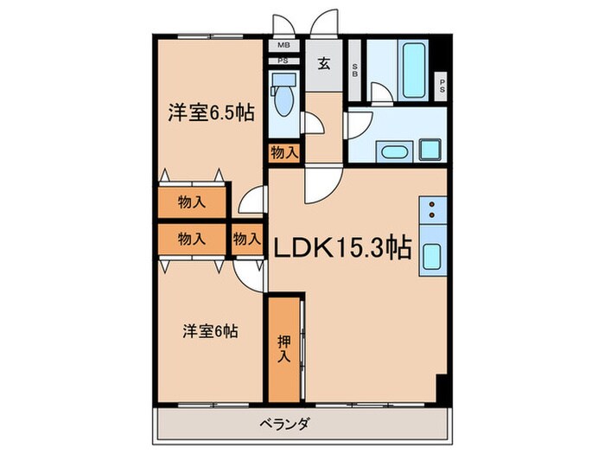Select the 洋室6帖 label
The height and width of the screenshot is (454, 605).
[210, 329]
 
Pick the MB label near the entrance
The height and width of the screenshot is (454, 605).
[283, 47]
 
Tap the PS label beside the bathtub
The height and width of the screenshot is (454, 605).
[442, 85]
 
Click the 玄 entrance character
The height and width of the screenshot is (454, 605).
[322, 63]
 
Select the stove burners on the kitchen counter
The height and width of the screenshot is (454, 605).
[430, 208]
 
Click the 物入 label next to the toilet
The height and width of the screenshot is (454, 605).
[283, 152]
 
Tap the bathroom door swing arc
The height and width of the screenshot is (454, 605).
[382, 93]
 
